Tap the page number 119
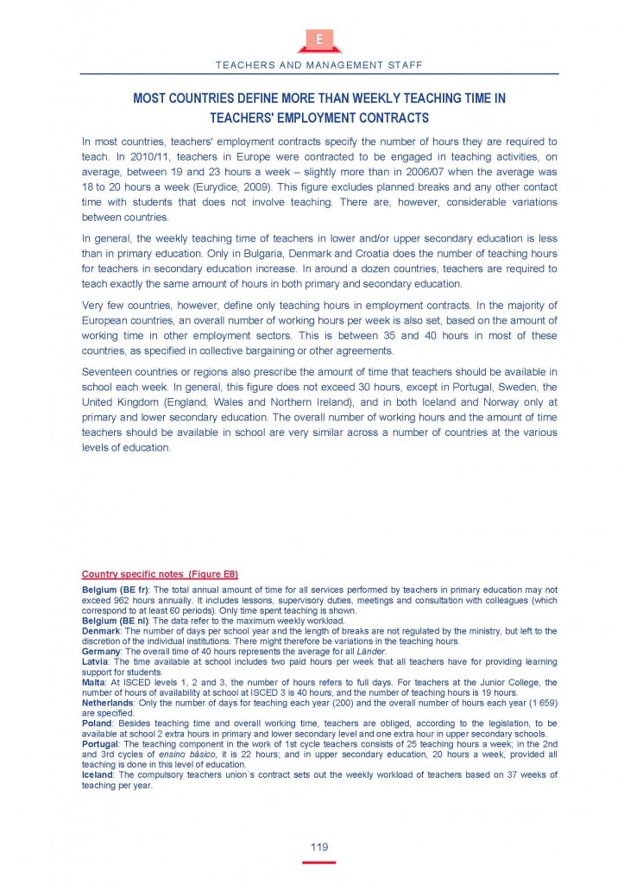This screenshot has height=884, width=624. [x=319, y=848]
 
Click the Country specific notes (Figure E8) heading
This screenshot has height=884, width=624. [x=160, y=574]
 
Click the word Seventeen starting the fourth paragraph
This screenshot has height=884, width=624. [x=108, y=358]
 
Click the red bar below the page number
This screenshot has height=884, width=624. [x=319, y=862]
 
